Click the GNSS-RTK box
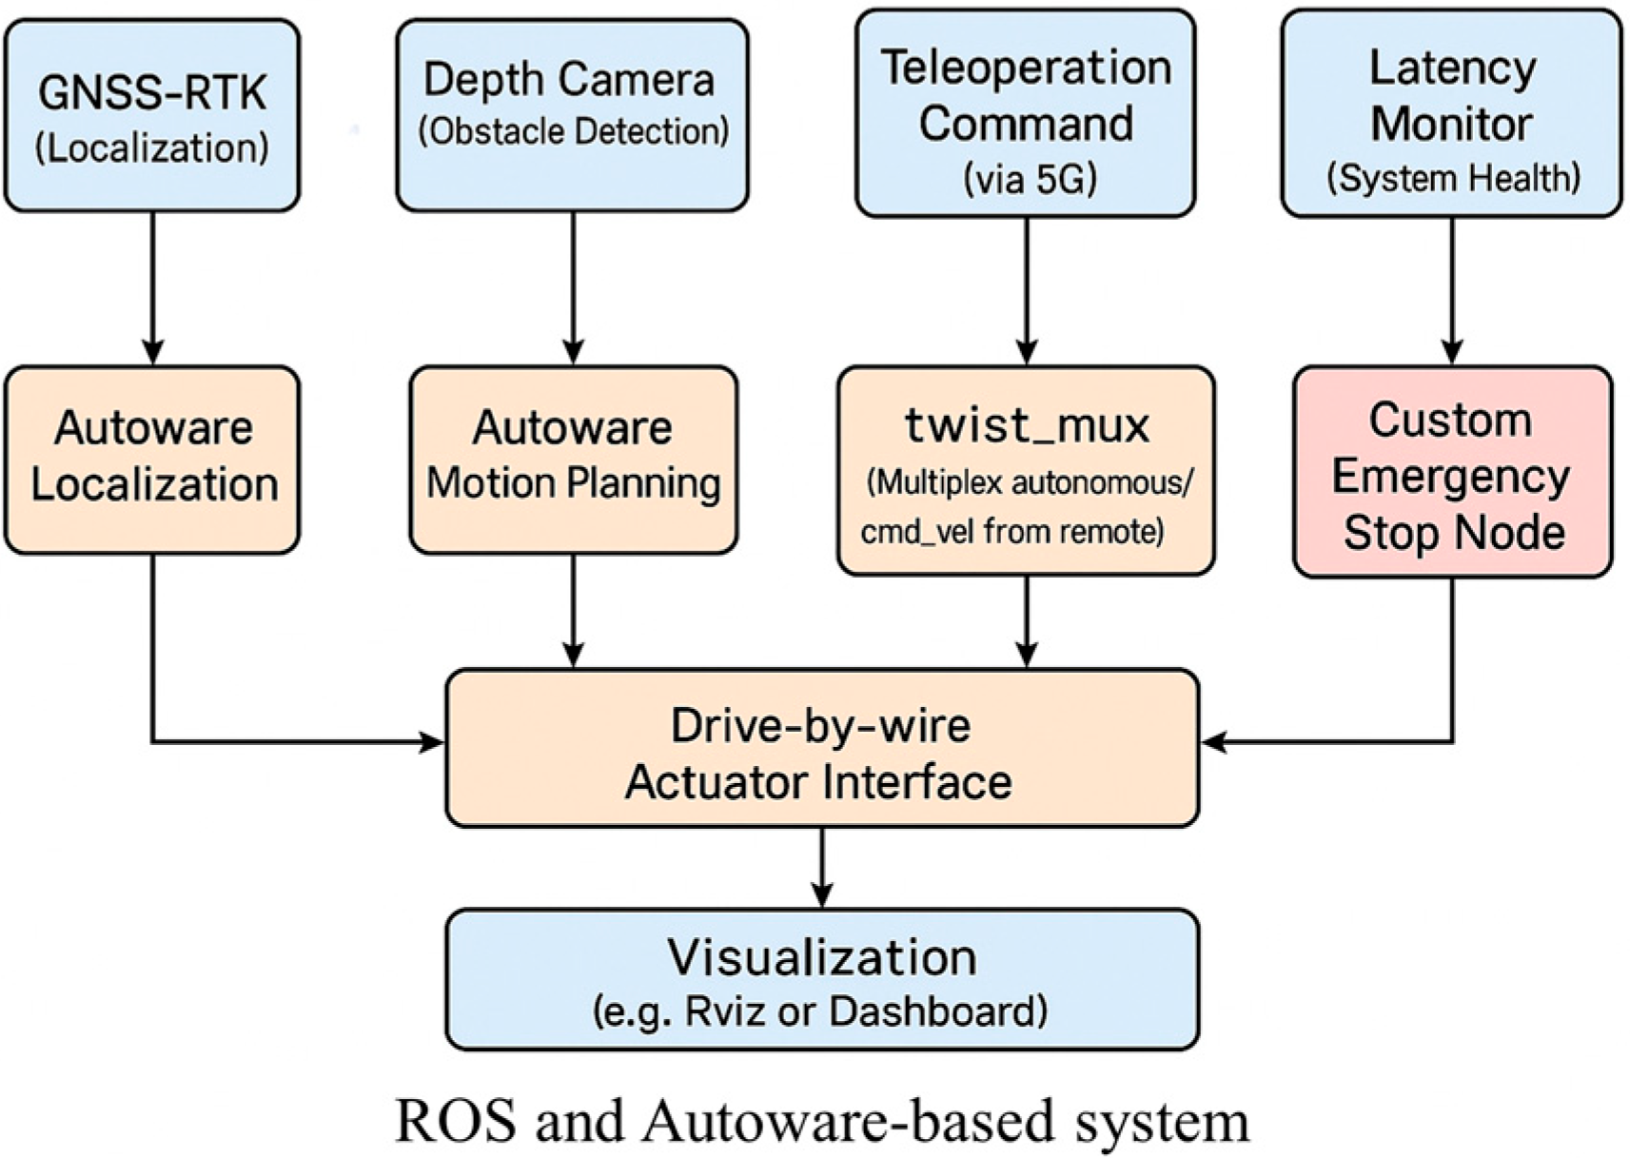click(x=152, y=115)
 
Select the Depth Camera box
click(x=572, y=114)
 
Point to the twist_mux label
click(x=1027, y=425)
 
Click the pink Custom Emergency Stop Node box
click(x=1452, y=472)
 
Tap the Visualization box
click(x=821, y=979)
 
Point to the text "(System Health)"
click(x=1453, y=179)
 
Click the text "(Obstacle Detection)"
click(x=573, y=131)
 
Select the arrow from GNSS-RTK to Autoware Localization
click(x=152, y=285)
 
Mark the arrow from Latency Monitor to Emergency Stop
click(x=1452, y=290)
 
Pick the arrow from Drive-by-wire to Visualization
click(x=822, y=867)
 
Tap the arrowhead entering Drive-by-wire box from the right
click(x=1213, y=741)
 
